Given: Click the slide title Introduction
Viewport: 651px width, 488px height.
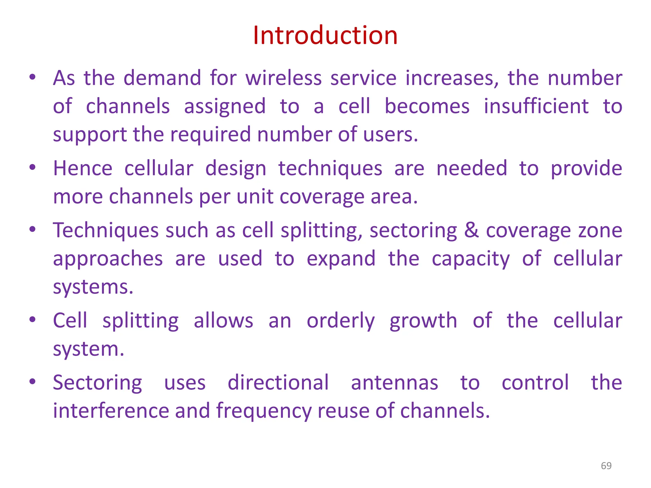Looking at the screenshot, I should pos(325,35).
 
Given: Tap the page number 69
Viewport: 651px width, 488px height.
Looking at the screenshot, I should pos(606,466).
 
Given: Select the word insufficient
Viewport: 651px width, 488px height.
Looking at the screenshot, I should pos(536,106).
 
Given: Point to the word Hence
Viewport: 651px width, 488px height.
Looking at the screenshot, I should pos(83,168).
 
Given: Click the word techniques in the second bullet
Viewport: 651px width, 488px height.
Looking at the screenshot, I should pos(330,168).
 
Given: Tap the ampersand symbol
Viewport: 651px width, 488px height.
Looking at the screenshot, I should pos(471,230).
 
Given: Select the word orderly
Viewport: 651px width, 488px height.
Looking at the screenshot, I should pos(340,321).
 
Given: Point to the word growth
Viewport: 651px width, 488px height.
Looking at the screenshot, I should pos(423,321).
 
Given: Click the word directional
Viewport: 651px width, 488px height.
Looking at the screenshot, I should pos(278,383).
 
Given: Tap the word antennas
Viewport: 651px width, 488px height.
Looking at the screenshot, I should pos(394,383).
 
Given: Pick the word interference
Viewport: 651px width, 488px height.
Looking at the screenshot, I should pos(111,410).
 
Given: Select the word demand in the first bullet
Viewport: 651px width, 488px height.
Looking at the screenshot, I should pos(162,78).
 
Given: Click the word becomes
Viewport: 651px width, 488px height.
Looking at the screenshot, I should pos(427,106).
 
